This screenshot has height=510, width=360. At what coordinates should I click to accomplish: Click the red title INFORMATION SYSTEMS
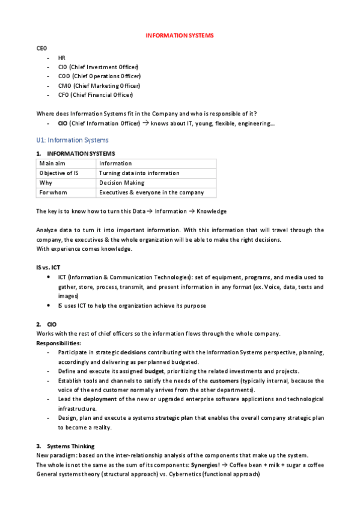point(180,35)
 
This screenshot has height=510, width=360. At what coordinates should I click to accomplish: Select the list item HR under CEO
point(61,58)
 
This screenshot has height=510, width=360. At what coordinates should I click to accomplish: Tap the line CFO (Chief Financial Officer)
point(96,94)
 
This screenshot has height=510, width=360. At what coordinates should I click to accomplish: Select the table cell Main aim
point(51,164)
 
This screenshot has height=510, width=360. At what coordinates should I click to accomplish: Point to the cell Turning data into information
point(139,173)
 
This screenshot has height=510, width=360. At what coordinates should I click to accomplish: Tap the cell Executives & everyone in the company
point(151,192)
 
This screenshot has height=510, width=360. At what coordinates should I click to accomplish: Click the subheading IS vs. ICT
point(48,266)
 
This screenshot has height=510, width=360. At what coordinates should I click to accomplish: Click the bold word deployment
point(100,399)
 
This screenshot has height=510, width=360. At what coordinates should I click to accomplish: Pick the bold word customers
point(224,381)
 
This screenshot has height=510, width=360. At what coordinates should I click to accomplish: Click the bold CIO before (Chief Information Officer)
point(63,123)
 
